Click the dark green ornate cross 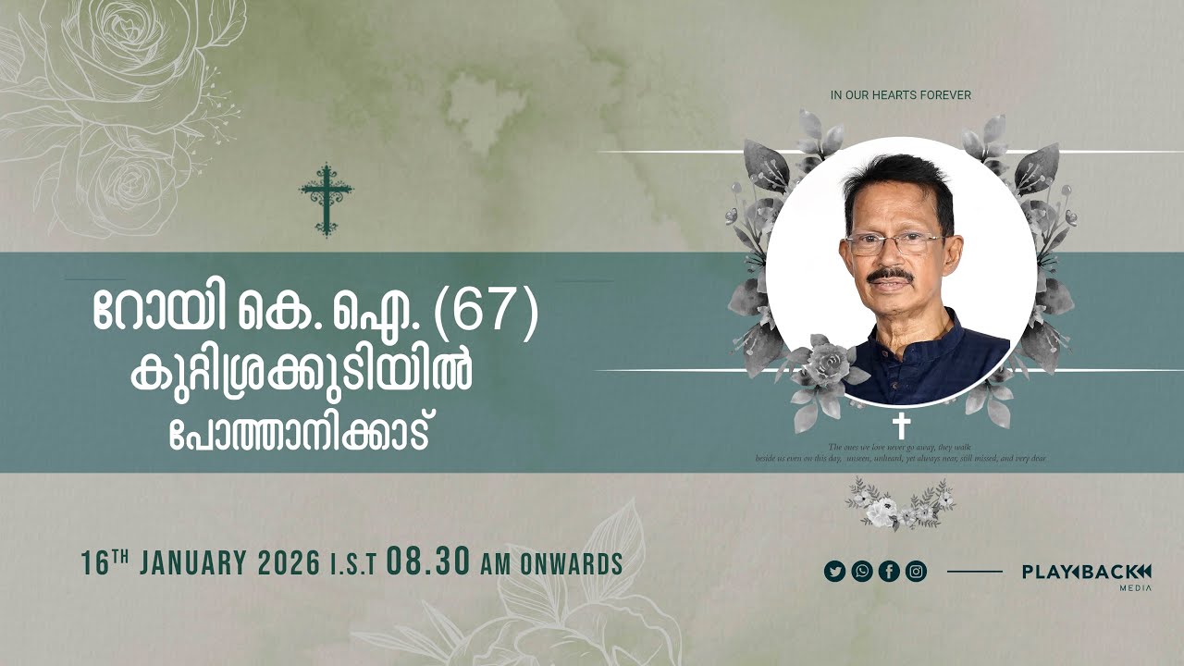tap(326, 200)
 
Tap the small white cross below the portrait tap(901, 426)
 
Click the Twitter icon tap(834, 572)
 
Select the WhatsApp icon tap(862, 572)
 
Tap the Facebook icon tap(889, 572)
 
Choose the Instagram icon tap(916, 572)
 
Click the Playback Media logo tap(1086, 574)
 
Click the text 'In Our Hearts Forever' tap(900, 95)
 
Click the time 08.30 tap(429, 563)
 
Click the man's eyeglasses tap(892, 243)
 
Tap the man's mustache tap(891, 277)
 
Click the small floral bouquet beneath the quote tap(899, 504)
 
